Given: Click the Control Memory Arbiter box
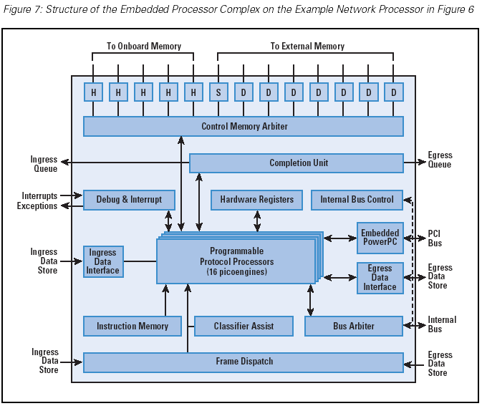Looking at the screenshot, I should pos(244,127).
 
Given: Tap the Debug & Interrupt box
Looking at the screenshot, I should pos(129,200).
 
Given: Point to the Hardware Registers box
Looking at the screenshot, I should pos(256,200).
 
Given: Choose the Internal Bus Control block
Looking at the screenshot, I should pos(357,200).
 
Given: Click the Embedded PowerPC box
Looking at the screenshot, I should pos(380,238).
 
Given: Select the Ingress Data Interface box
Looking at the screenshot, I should pos(103,261).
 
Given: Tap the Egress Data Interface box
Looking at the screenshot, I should pos(380,278).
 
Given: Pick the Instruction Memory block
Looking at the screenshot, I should pos(132,327).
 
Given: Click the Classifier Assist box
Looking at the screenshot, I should pos(244,327).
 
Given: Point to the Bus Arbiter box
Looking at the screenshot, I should pos(354,327).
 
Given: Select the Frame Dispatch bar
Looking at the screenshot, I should pos(244,362).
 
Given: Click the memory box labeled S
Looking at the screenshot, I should pos(218,92).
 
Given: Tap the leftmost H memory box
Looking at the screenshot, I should pos(93,92).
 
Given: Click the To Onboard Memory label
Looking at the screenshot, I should pos(144,47).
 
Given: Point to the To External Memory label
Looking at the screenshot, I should pos(307,47).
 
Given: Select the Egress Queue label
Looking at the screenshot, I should pos(440,160).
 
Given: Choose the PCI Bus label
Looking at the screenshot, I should pos(435,238).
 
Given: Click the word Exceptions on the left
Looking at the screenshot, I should pos(37,206).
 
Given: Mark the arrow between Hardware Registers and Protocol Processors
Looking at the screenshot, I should pos(256,221).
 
